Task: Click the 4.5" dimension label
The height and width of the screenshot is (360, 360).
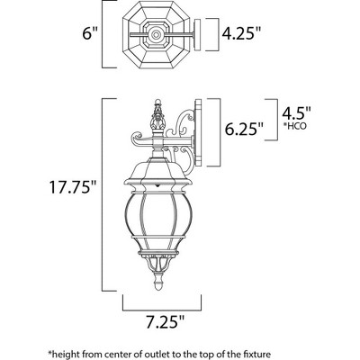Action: click(296, 112)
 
